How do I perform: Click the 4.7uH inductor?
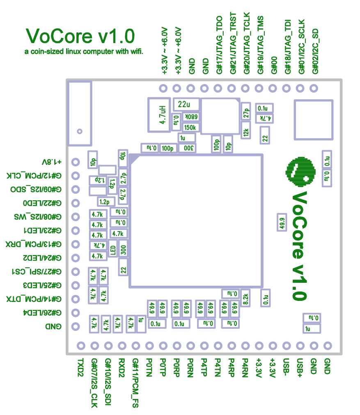(159, 115)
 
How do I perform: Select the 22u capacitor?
(186, 104)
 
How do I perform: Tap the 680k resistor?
(191, 117)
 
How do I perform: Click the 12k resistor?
(246, 132)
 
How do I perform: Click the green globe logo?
(301, 171)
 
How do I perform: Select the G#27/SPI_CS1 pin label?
(36, 271)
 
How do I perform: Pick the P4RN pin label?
(245, 367)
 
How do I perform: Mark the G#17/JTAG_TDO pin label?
(219, 45)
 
